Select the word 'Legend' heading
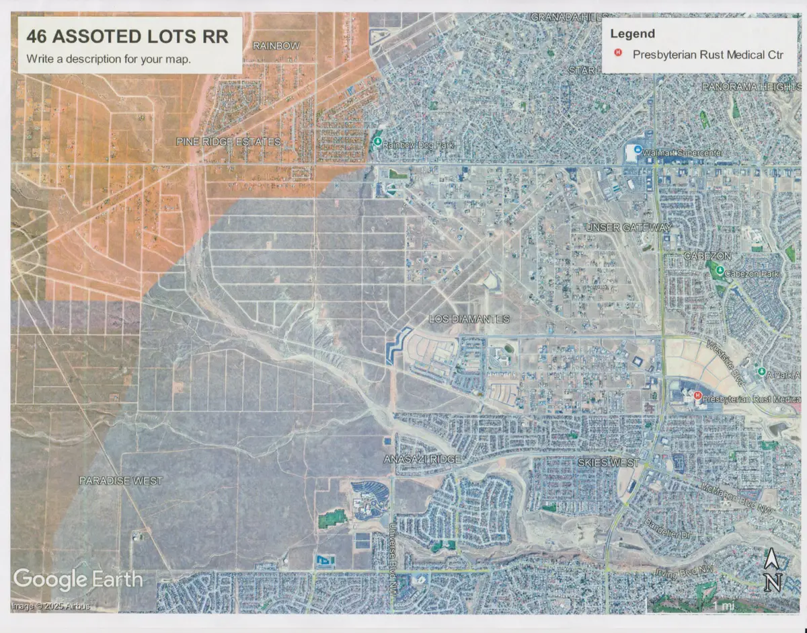click(x=632, y=34)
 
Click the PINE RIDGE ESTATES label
click(x=228, y=142)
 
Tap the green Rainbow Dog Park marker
click(x=378, y=142)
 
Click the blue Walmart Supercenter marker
click(x=637, y=151)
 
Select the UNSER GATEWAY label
click(x=628, y=227)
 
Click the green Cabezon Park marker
click(x=720, y=271)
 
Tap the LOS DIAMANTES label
click(x=469, y=318)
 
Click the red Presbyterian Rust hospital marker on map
click(x=697, y=396)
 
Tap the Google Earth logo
click(x=77, y=579)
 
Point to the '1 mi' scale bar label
click(x=724, y=606)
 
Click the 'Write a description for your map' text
click(x=109, y=59)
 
